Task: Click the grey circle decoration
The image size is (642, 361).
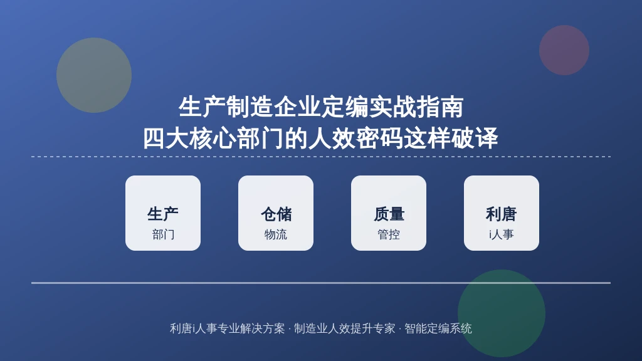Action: click(x=94, y=75)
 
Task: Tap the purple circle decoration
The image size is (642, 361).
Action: click(x=564, y=50)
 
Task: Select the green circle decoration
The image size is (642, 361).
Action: click(x=502, y=313)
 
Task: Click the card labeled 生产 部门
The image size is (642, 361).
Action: click(x=163, y=213)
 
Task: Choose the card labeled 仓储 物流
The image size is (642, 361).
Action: click(x=276, y=213)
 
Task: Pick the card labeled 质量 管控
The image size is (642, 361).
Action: click(x=389, y=213)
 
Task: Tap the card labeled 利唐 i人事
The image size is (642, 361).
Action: click(x=502, y=213)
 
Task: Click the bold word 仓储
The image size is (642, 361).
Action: click(x=276, y=214)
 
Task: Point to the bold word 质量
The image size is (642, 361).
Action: click(x=389, y=214)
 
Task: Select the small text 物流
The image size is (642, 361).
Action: click(x=276, y=234)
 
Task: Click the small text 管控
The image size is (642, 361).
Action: click(x=389, y=234)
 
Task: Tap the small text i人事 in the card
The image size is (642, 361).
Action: click(x=502, y=234)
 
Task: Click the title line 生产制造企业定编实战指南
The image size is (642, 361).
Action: click(x=321, y=107)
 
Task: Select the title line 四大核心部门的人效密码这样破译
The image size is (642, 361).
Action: click(x=320, y=138)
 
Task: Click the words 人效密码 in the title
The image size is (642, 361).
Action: click(x=356, y=138)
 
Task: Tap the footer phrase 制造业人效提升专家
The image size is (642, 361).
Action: click(x=345, y=328)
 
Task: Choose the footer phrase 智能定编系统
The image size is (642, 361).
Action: click(x=438, y=328)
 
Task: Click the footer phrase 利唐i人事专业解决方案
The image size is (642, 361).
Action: click(x=227, y=328)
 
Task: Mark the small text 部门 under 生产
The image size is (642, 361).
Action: click(x=164, y=234)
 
